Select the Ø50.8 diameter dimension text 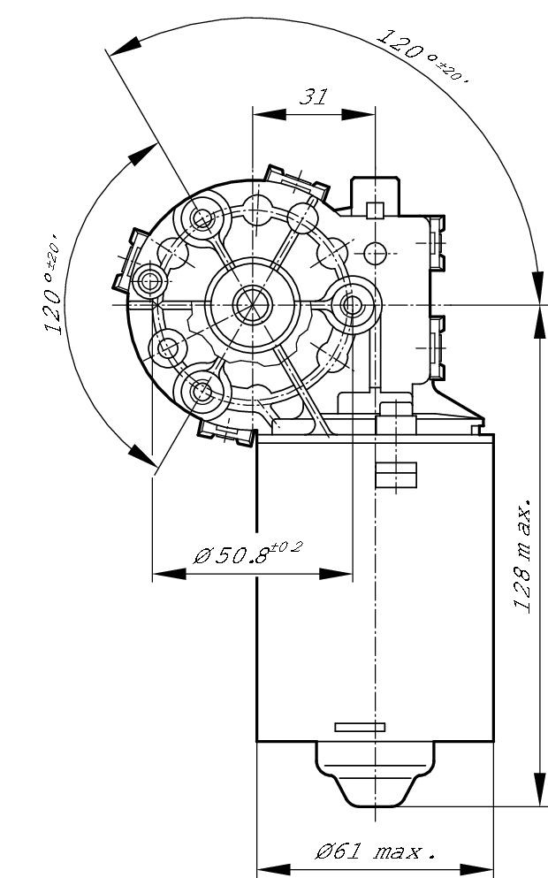pos(247,554)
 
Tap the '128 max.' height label pos(523,555)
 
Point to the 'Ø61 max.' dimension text pos(376,852)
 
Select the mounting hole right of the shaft pos(352,305)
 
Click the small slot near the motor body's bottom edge pos(360,727)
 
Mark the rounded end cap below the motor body pos(376,774)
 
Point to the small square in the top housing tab pos(375,210)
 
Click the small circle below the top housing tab pos(376,252)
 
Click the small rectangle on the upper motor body pos(395,475)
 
